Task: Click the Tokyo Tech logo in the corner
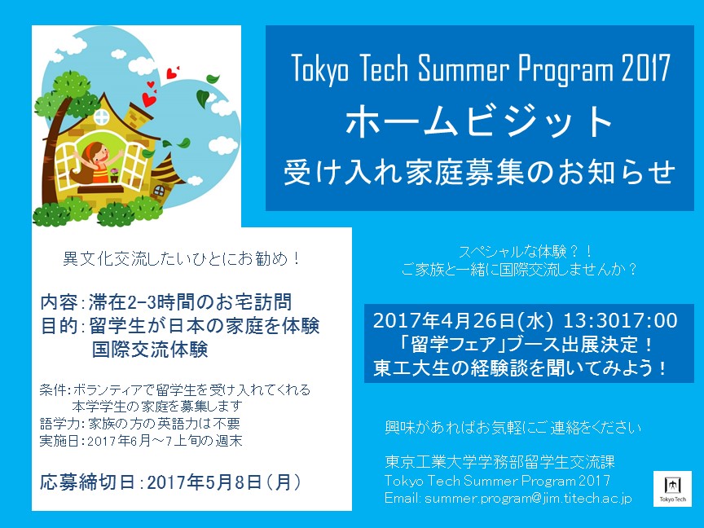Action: pyautogui.click(x=672, y=489)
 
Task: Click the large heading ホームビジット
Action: pyautogui.click(x=479, y=121)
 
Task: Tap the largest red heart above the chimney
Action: pyautogui.click(x=149, y=99)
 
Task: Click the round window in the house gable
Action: pyautogui.click(x=102, y=117)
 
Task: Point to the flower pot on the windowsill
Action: pyautogui.click(x=115, y=175)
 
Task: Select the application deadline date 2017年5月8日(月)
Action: pyautogui.click(x=224, y=482)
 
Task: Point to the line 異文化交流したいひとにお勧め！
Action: pyautogui.click(x=182, y=259)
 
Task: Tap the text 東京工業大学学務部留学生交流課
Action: pyautogui.click(x=499, y=462)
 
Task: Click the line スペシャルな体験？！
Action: pyautogui.click(x=526, y=252)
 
